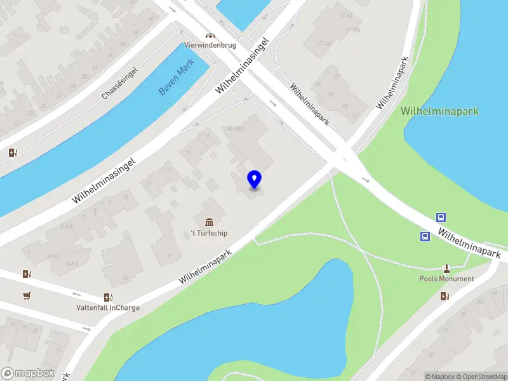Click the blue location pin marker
254,179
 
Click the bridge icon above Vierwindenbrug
209,36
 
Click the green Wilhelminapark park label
439,111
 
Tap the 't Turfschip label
210,233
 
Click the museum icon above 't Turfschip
210,222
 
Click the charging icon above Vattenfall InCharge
109,297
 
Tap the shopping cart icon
27,296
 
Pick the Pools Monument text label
446,279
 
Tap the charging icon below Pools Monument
446,295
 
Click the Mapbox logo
28,373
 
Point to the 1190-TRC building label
233,130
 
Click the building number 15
126,277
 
